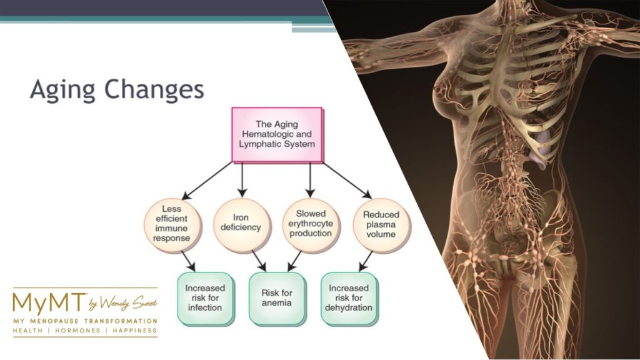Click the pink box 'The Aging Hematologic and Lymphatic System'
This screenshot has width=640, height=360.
coord(277,134)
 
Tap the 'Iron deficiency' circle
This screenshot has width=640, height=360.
coord(241,222)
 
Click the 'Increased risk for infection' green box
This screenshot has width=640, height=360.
coord(207,297)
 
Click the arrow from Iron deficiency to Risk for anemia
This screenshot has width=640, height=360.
coord(259,259)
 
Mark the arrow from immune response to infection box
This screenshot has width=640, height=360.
coord(187,260)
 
